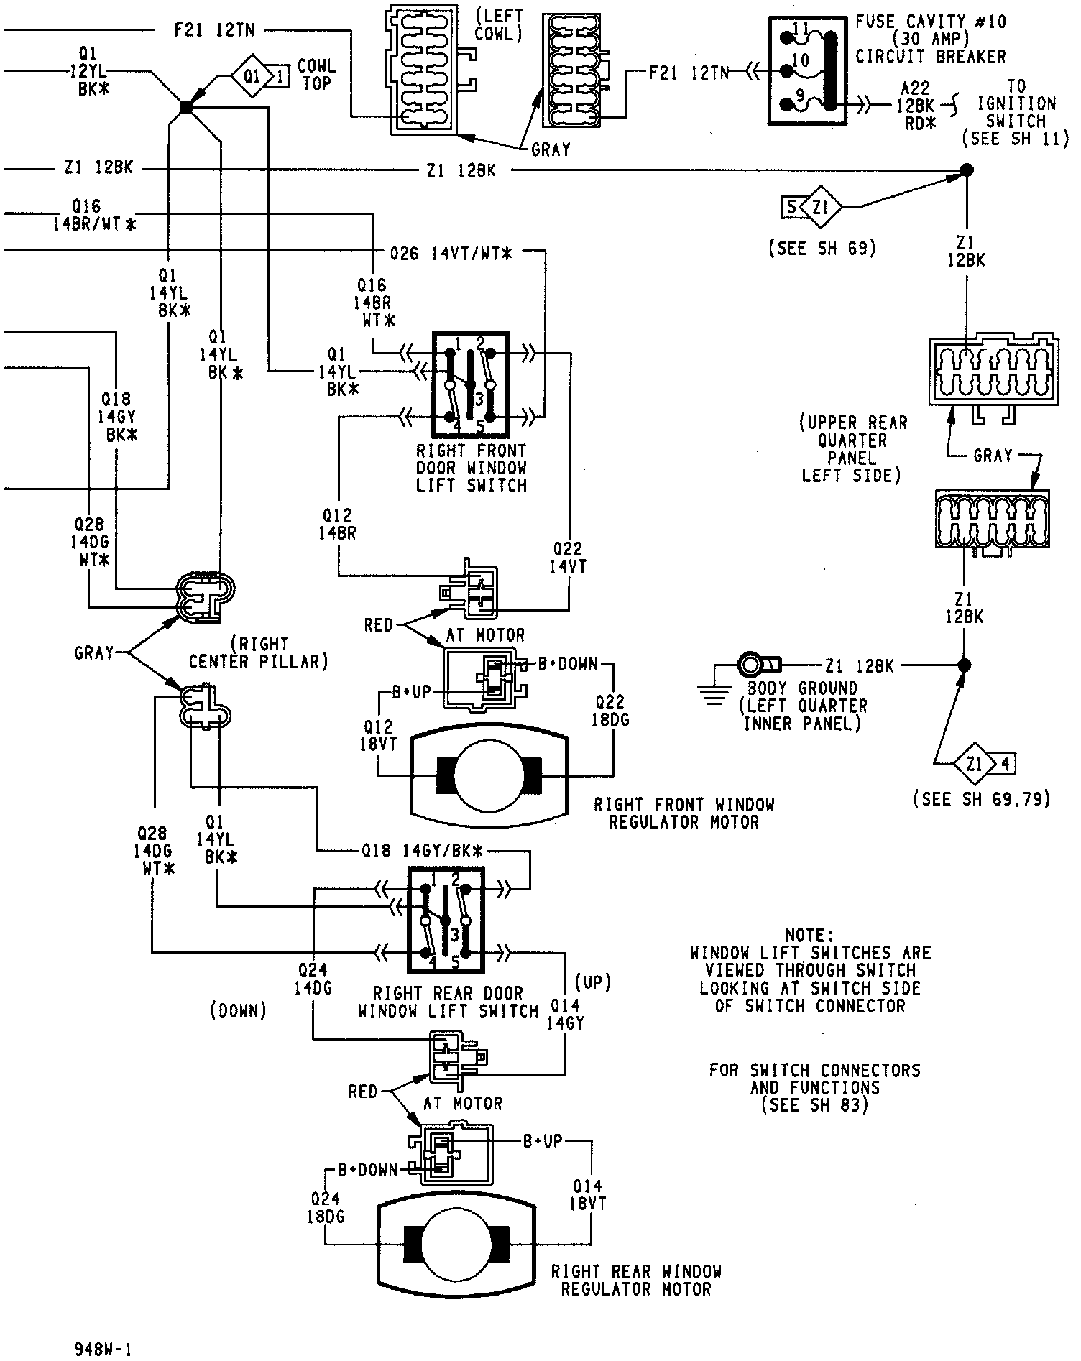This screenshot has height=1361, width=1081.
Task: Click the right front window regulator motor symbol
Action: tap(489, 777)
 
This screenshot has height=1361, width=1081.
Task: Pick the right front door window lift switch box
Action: tap(470, 384)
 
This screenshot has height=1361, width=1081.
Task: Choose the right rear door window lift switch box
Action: tap(446, 920)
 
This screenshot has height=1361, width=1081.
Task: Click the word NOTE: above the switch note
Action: tap(809, 936)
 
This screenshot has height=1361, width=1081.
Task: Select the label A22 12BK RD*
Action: tap(916, 106)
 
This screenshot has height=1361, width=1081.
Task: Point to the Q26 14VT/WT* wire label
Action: tap(451, 253)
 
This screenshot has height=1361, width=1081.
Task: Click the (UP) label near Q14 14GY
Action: tap(592, 982)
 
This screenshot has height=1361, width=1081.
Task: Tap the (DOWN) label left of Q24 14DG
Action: tap(239, 1010)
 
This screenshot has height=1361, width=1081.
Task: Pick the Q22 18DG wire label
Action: tap(609, 711)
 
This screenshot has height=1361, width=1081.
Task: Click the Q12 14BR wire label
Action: tap(338, 525)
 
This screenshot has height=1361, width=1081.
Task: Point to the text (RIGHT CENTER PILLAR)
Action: tap(259, 652)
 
